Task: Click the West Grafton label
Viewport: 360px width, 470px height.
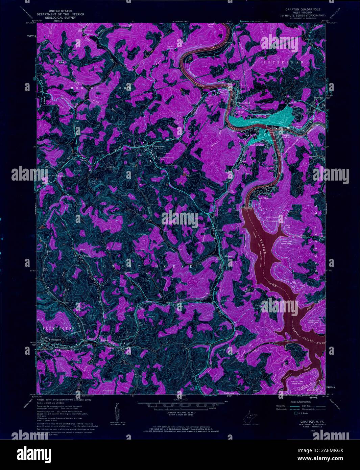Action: (257, 145)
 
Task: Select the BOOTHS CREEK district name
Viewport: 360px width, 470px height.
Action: (100, 88)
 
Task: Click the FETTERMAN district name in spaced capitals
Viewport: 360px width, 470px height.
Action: (284, 63)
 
